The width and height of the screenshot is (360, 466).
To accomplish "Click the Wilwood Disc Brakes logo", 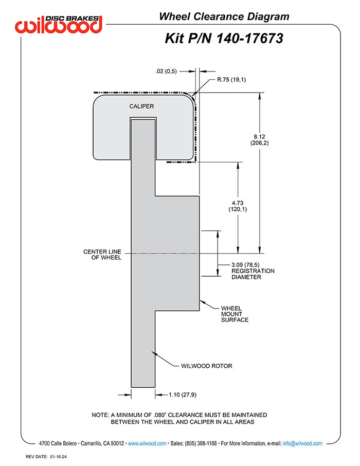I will (x=59, y=24).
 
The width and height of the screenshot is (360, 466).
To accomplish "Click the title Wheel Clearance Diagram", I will (x=224, y=16).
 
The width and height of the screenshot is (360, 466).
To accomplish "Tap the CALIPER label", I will (x=141, y=106).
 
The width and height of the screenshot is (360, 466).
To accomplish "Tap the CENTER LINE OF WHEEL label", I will (x=102, y=255).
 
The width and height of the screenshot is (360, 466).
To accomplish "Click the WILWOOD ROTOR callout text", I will (x=207, y=366).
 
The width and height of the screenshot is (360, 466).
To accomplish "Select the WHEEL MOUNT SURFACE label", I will (x=235, y=314).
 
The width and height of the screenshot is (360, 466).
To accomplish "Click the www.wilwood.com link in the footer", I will (x=147, y=443).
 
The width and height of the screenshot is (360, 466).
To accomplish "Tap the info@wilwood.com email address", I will (x=302, y=443).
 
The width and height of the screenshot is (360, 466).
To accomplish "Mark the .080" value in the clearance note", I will (x=170, y=415).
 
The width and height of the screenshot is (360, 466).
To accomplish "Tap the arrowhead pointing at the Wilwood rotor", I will (x=153, y=353).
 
